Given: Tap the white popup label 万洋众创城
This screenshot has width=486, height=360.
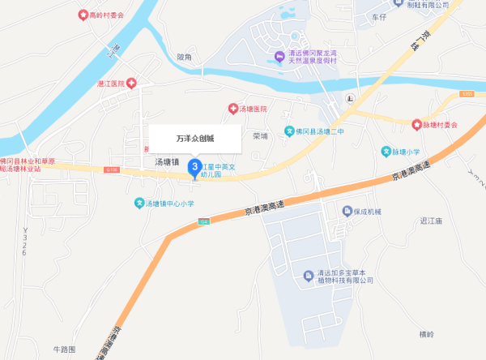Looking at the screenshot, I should point(194,139).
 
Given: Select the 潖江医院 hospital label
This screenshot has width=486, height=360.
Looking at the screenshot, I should point(110,84).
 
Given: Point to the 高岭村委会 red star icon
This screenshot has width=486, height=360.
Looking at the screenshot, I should point(82,15).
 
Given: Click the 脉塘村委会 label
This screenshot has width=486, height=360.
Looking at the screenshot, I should point(441,125).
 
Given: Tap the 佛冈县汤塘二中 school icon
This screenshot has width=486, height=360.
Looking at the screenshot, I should point(289,131).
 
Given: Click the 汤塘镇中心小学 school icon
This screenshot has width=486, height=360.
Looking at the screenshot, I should point(139,203).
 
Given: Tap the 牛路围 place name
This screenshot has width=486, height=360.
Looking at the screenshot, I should point(63,349).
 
